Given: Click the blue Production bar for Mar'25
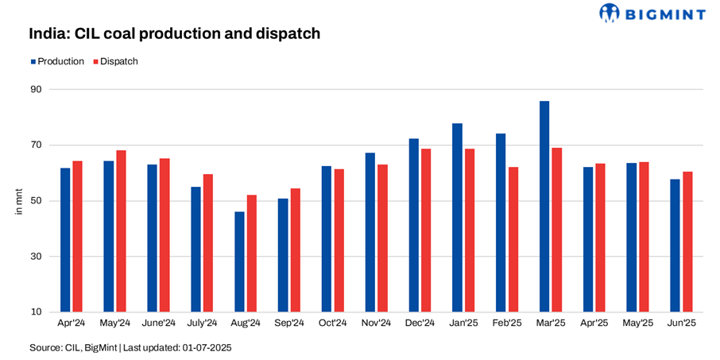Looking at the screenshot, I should (544, 207).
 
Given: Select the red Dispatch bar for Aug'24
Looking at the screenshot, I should (251, 254).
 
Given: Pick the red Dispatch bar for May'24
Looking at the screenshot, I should (121, 231).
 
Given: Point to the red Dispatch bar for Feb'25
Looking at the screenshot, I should (513, 239).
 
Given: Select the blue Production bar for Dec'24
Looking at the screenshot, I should (413, 225).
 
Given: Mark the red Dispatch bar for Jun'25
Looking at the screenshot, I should (687, 242).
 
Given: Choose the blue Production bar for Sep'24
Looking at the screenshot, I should (282, 255).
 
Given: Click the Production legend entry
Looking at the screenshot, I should (57, 61).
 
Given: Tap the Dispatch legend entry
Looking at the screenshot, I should (116, 61).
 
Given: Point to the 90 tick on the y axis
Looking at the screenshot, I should (36, 89).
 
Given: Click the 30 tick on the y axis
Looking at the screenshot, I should (36, 257).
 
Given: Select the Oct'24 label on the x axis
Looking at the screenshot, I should (332, 323).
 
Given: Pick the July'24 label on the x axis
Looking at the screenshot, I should (202, 323).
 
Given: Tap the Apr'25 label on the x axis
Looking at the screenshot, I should (594, 323).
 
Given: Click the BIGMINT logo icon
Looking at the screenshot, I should (610, 14).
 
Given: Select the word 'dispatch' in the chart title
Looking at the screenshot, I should (285, 33).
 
